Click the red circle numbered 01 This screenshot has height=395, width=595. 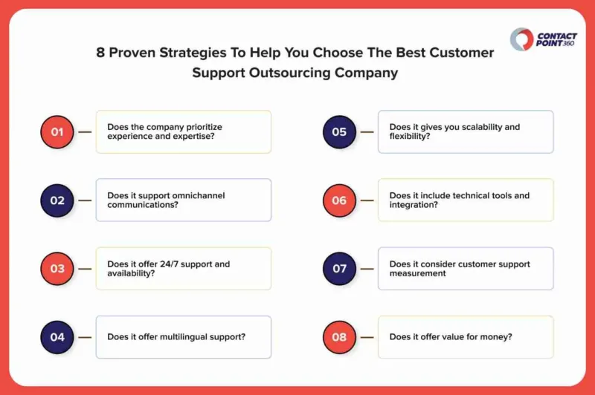click(x=57, y=132)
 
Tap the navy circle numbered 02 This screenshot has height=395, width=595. click(x=57, y=200)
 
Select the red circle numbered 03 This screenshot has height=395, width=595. click(x=57, y=269)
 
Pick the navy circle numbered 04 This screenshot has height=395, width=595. click(x=57, y=337)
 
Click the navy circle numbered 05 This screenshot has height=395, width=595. click(x=339, y=132)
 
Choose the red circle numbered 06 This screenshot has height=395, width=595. click(x=339, y=200)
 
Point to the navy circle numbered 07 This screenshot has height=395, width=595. click(x=339, y=269)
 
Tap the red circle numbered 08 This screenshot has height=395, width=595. click(x=339, y=337)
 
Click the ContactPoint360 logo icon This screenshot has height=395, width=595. click(x=522, y=39)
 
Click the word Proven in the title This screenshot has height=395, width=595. click(x=132, y=53)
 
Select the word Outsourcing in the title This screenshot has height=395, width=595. click(x=289, y=73)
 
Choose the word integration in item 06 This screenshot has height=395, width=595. click(x=411, y=205)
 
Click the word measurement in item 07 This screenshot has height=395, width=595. click(x=417, y=273)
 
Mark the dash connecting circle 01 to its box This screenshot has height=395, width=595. click(x=85, y=132)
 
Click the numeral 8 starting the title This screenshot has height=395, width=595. click(x=100, y=53)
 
